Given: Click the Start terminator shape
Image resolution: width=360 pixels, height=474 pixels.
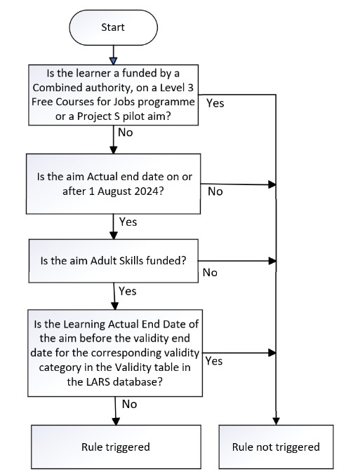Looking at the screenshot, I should point(113,28).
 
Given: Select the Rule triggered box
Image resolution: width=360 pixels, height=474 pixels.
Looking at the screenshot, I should point(114,447).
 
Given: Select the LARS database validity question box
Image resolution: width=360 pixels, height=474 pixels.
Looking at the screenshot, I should point(114,352).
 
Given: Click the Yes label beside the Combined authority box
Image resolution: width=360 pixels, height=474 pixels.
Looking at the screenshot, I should point(215,102).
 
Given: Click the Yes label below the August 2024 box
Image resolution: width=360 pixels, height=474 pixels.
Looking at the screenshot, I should point(128,222).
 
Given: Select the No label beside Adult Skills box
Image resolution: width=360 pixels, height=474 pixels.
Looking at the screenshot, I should point(209,271).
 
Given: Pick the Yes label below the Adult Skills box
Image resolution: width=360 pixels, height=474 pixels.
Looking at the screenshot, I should point(128,290).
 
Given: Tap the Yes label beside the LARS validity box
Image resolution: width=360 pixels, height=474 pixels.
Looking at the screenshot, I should point(215,361).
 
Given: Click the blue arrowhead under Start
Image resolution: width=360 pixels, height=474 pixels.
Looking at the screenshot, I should point(113,60).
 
